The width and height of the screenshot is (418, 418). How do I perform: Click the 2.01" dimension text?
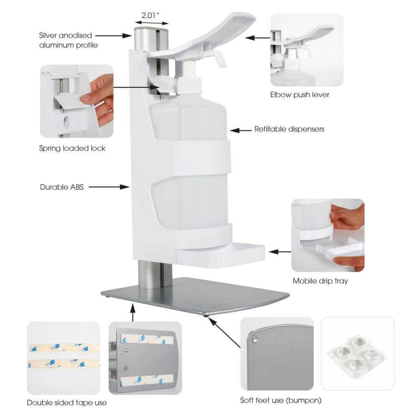click(x=150, y=15)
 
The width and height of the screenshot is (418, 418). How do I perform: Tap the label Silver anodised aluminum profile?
click(x=68, y=40)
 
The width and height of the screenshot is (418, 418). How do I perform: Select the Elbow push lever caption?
click(x=300, y=94)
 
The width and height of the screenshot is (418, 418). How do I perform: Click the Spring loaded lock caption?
click(x=72, y=148)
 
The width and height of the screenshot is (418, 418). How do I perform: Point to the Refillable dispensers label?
click(x=289, y=129)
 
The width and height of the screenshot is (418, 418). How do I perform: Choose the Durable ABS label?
click(x=62, y=187)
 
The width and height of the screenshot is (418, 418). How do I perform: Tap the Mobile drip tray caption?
click(x=320, y=281)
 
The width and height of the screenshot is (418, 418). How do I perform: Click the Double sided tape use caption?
click(x=67, y=403)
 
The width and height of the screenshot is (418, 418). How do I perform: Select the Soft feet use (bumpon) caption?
click(x=281, y=400)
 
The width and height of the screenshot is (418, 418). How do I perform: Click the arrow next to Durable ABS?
click(x=109, y=187)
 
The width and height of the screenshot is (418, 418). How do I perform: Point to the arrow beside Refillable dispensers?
click(x=240, y=130)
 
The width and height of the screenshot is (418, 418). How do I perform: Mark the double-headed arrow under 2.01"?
click(x=152, y=23)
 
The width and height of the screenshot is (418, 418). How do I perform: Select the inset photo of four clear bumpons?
click(x=357, y=354)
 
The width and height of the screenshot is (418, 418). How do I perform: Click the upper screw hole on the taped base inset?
click(x=126, y=352)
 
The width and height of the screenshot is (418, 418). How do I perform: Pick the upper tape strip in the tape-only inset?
click(x=64, y=348)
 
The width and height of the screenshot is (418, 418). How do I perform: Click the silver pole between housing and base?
click(x=155, y=275)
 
